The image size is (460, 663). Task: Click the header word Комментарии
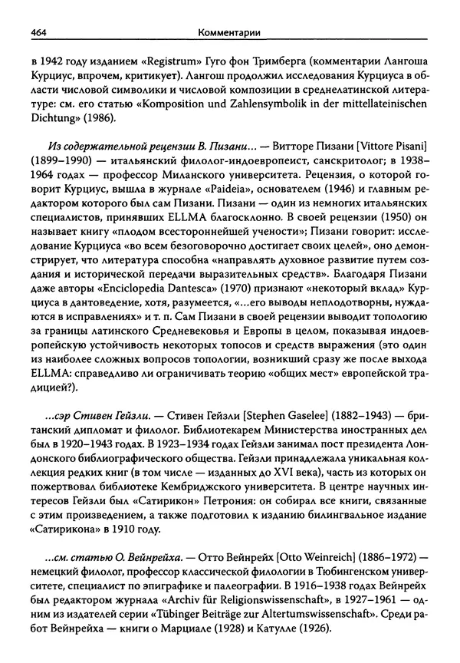pos(228,31)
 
